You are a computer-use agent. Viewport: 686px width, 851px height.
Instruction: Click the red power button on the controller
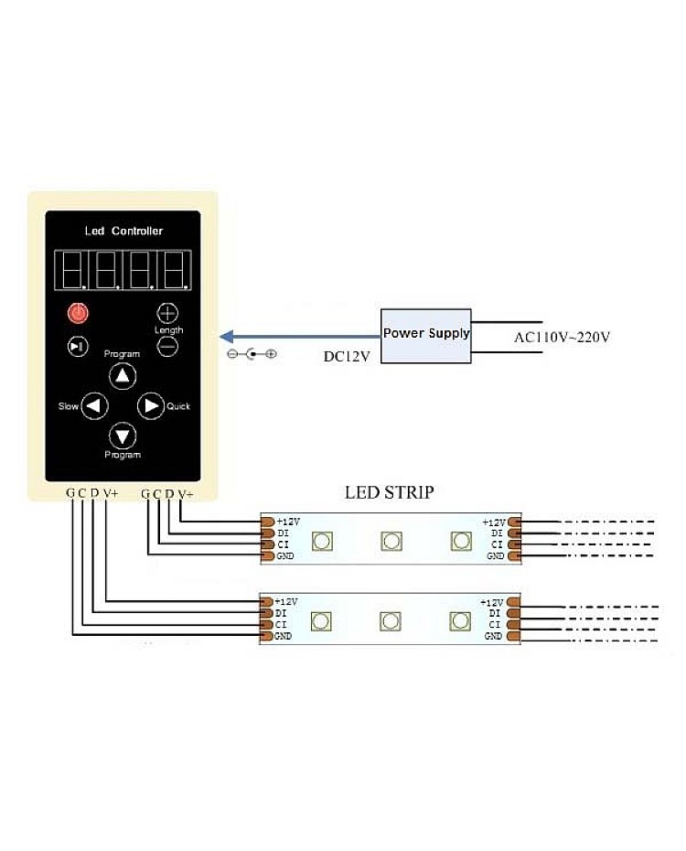click(x=80, y=314)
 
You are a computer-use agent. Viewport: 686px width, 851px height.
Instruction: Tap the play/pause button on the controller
click(x=80, y=346)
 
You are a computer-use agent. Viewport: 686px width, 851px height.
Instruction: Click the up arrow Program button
click(x=123, y=375)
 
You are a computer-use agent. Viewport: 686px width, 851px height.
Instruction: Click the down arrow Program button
click(x=123, y=436)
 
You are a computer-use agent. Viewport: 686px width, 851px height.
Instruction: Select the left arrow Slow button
click(x=94, y=405)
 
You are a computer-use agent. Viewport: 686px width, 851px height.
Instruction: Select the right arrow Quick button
click(x=150, y=405)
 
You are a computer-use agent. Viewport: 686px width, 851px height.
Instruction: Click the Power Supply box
click(x=426, y=335)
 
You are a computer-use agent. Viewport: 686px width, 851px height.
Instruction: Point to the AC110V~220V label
click(x=562, y=338)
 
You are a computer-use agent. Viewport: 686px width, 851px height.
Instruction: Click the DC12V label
click(x=347, y=356)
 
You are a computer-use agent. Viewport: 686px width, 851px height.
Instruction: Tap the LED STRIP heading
click(x=389, y=492)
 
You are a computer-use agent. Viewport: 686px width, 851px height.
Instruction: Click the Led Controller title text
click(x=123, y=232)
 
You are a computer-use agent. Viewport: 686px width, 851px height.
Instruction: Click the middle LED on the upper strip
click(x=391, y=541)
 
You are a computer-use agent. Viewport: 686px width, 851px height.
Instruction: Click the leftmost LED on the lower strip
click(x=320, y=622)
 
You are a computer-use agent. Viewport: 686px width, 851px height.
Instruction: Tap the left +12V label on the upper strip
click(x=287, y=522)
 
